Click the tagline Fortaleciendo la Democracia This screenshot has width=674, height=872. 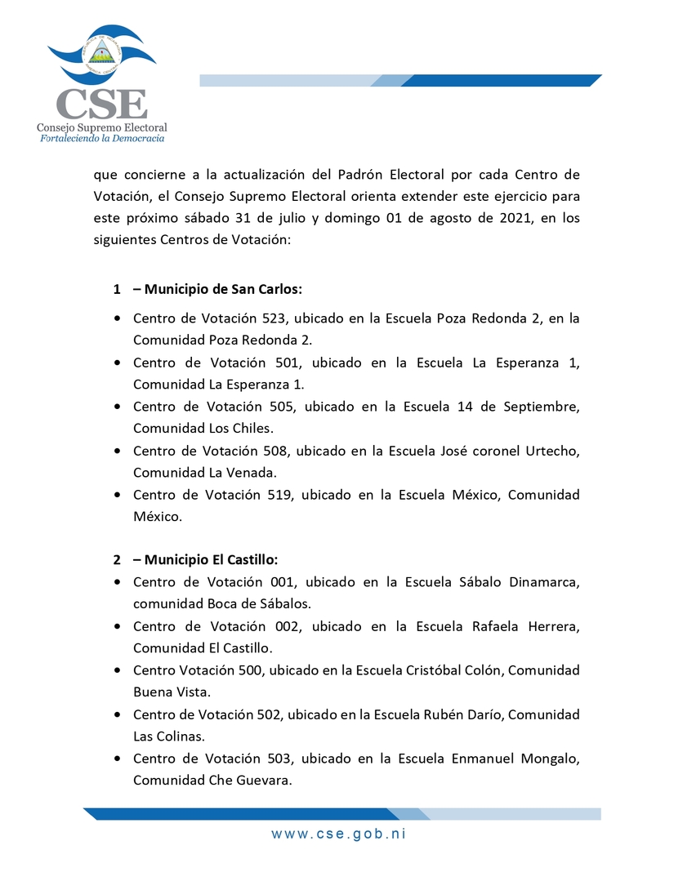102,139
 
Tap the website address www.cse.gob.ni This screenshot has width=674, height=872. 339,834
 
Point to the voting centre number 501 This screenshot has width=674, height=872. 294,363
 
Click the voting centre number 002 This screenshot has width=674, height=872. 293,626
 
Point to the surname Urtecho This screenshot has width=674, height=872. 551,451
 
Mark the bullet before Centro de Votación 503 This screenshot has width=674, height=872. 119,759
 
